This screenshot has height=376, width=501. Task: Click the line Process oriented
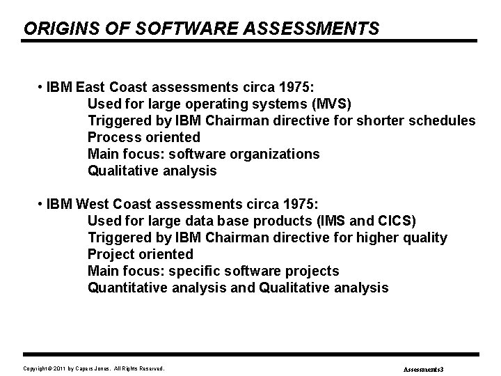coord(143,138)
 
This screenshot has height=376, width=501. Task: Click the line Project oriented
coord(140,255)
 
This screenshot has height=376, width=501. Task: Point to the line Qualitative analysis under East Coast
coord(152,171)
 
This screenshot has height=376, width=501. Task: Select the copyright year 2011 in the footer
coord(59,368)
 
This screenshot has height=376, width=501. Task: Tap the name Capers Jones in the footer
coord(94,368)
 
